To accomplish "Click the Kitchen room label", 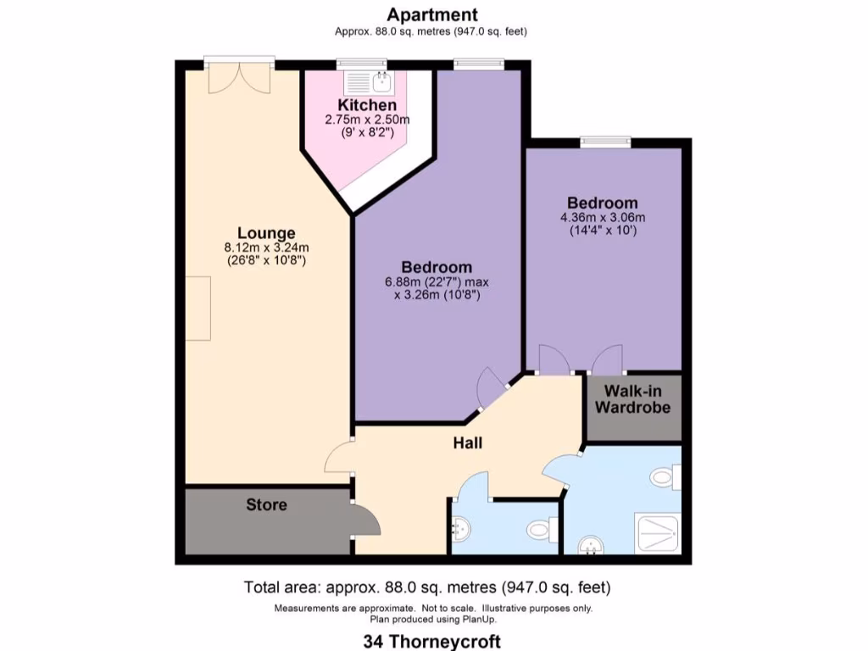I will (367, 105).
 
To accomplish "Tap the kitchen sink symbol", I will (370, 83).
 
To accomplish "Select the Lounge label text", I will (266, 233).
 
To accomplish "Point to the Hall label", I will (467, 442).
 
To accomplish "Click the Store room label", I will (266, 505).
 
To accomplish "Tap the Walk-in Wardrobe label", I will (632, 399).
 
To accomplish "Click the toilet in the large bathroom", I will (666, 477).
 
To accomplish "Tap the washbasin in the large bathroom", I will (587, 547).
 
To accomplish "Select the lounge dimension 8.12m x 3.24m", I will (266, 248).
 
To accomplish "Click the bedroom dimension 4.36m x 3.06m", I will (602, 217).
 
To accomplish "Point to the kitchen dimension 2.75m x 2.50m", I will (367, 120).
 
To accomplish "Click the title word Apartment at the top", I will (432, 14).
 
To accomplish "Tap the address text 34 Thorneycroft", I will (433, 641).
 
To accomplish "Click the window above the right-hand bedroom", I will (606, 142).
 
